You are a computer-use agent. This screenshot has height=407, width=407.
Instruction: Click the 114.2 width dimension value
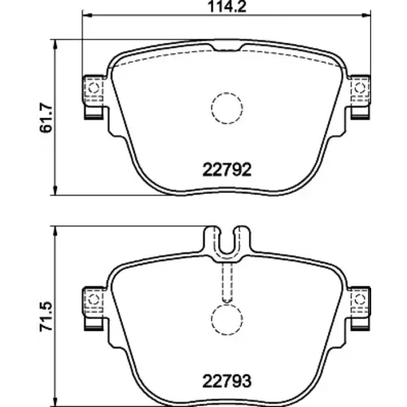coord(227,7)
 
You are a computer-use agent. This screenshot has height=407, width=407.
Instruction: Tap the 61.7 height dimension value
coord(46,117)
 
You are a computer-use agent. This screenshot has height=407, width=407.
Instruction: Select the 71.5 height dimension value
coord(46,317)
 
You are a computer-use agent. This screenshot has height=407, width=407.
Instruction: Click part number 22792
coord(227,170)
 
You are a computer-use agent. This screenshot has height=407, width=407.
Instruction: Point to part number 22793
coord(227,381)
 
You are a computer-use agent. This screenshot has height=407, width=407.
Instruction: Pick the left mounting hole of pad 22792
coord(94,88)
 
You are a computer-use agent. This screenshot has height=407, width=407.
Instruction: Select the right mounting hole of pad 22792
coord(360,88)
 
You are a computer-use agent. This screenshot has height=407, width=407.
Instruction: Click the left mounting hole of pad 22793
coord(94,300)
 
